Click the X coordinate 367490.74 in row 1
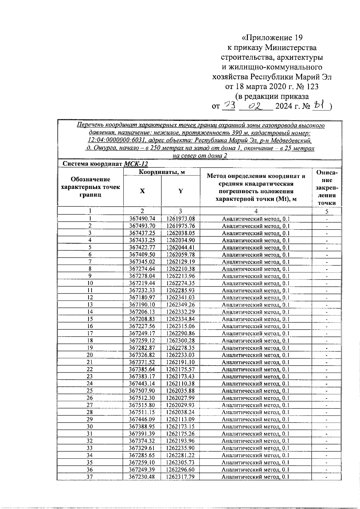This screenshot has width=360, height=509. point(142,219)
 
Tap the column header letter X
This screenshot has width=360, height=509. point(142,191)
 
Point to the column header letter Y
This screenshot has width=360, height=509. point(181,191)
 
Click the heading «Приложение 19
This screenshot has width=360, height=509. point(272,38)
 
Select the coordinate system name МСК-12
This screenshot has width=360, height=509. point(136,164)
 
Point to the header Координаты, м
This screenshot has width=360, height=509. point(161,172)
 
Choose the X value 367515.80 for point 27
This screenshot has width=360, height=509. point(142,405)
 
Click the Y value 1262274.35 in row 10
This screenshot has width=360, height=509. point(181,283)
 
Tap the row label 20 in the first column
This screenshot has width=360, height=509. point(90,355)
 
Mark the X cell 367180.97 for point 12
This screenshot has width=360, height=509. point(142,298)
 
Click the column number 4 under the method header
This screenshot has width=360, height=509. point(256,211)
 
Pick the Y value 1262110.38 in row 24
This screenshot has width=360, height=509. point(181,383)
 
